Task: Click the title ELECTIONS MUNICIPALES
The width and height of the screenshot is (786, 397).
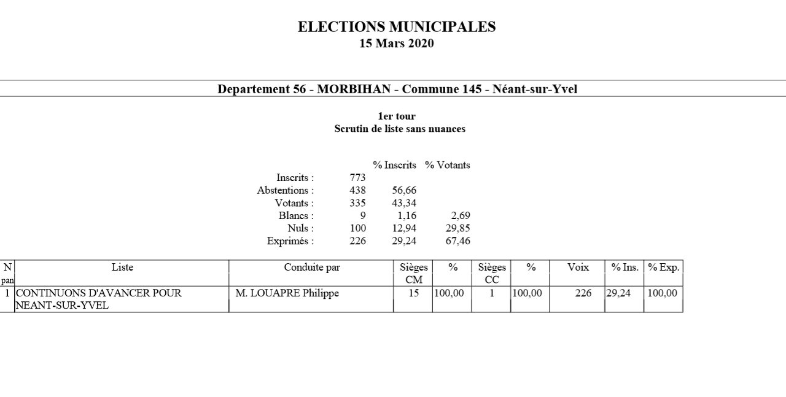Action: (x=397, y=27)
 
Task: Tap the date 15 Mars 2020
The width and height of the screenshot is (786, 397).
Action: (x=397, y=44)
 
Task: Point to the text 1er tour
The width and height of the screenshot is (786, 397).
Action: (x=397, y=116)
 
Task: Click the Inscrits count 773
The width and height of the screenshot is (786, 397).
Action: (x=357, y=178)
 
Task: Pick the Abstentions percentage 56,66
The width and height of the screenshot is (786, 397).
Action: (x=404, y=191)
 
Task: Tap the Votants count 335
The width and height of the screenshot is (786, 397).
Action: (x=357, y=203)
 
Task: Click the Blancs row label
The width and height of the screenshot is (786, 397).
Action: (x=296, y=216)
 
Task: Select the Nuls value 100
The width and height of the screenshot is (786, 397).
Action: (x=357, y=228)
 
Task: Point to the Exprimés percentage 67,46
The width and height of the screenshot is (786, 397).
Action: (x=457, y=241)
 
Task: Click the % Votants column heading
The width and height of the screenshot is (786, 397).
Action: (x=448, y=165)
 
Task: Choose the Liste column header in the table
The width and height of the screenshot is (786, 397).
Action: (x=122, y=268)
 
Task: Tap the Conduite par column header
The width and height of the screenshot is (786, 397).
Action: (x=312, y=268)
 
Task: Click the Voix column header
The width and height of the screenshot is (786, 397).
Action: (x=578, y=268)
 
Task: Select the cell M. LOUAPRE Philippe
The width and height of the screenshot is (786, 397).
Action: (x=287, y=293)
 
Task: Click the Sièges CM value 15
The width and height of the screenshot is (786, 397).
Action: (x=414, y=293)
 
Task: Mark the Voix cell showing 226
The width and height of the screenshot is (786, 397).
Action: (x=583, y=293)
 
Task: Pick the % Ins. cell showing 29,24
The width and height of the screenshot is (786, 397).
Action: (x=618, y=293)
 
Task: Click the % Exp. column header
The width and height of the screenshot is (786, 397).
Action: (x=664, y=268)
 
